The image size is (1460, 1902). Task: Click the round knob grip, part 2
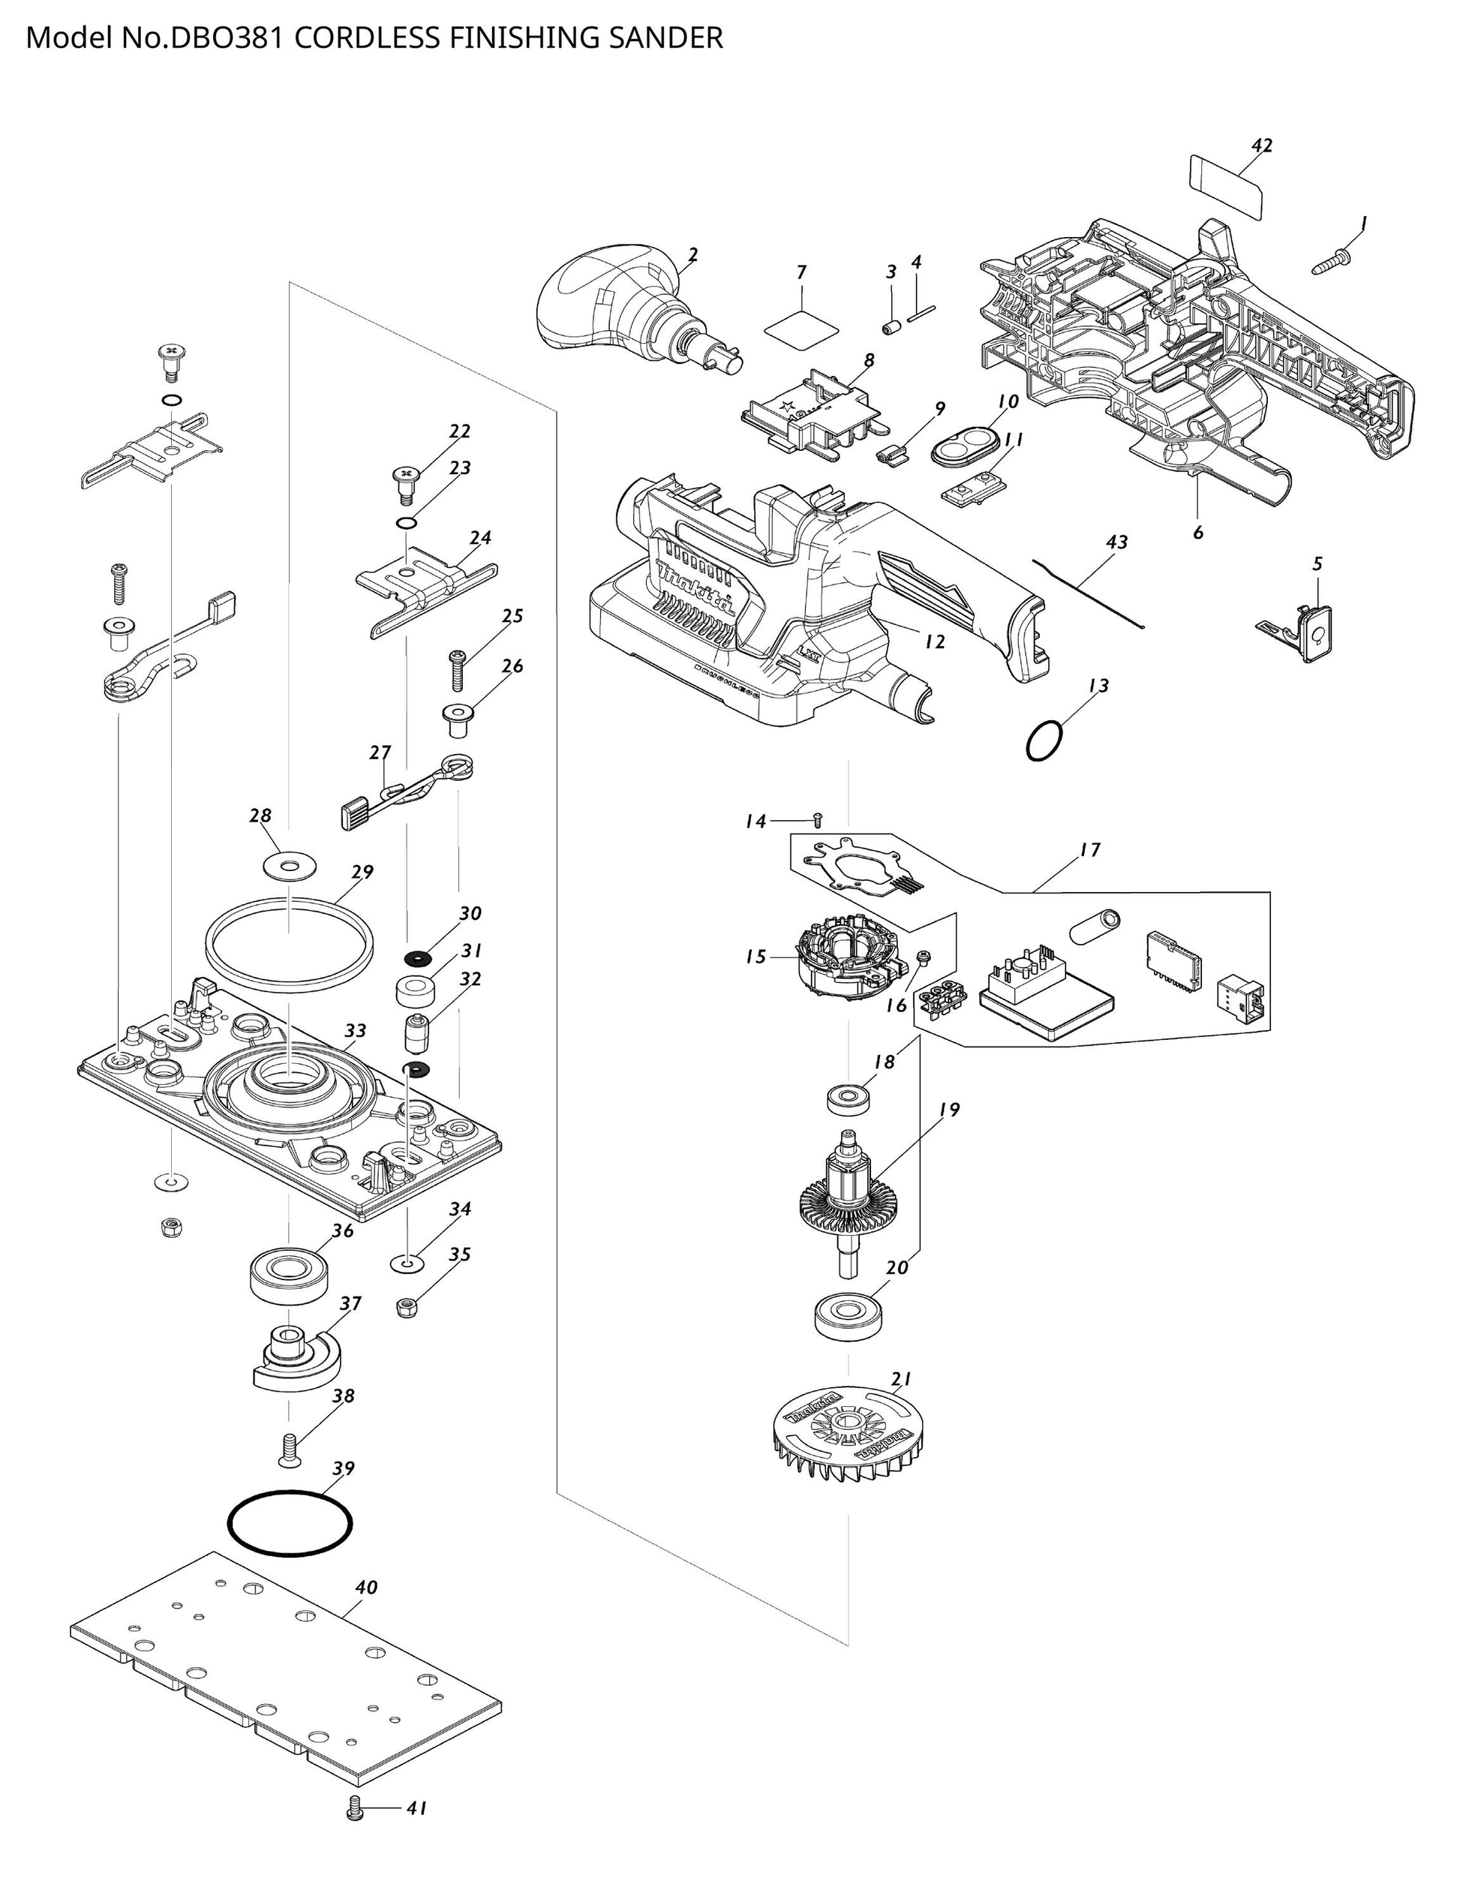[x=608, y=296]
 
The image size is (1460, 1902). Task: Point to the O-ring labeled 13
[x=1044, y=741]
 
